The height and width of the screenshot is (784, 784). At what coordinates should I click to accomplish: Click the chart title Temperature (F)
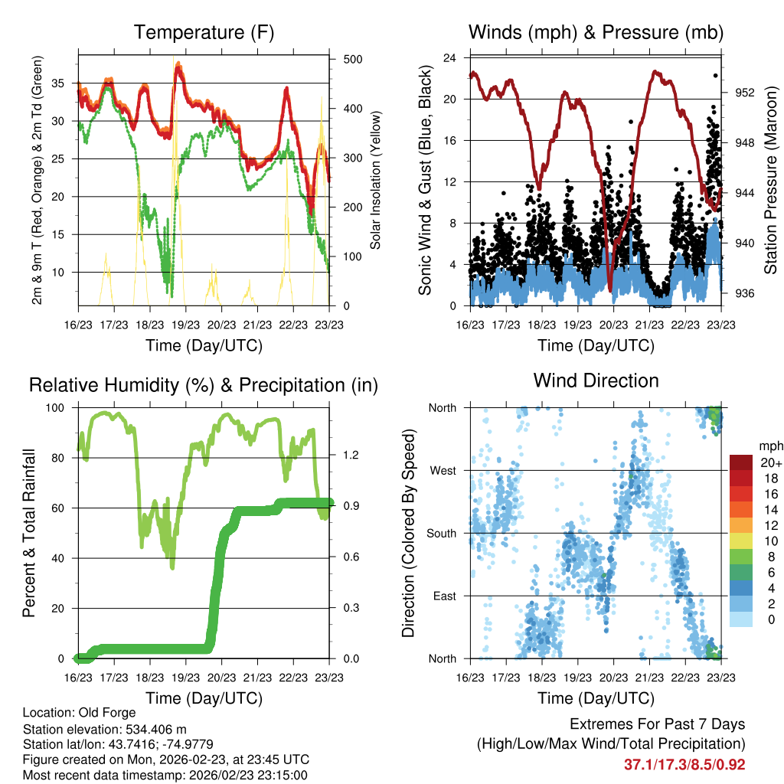click(x=204, y=33)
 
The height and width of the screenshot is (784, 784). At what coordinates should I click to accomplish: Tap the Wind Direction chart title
click(x=596, y=381)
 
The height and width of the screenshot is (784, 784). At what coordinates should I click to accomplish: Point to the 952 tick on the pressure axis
click(x=745, y=92)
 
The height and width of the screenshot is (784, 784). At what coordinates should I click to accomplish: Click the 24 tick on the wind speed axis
click(x=450, y=58)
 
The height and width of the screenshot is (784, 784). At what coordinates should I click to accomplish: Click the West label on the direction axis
click(x=442, y=470)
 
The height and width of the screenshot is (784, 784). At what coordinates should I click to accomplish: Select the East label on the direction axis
click(x=443, y=596)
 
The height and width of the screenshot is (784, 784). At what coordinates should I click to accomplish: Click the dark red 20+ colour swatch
click(x=742, y=462)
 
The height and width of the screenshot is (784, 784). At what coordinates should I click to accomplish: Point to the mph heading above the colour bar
click(x=769, y=446)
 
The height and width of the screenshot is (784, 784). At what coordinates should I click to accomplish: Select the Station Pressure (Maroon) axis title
click(x=770, y=182)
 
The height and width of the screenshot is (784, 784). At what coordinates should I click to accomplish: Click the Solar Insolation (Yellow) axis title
click(x=375, y=182)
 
